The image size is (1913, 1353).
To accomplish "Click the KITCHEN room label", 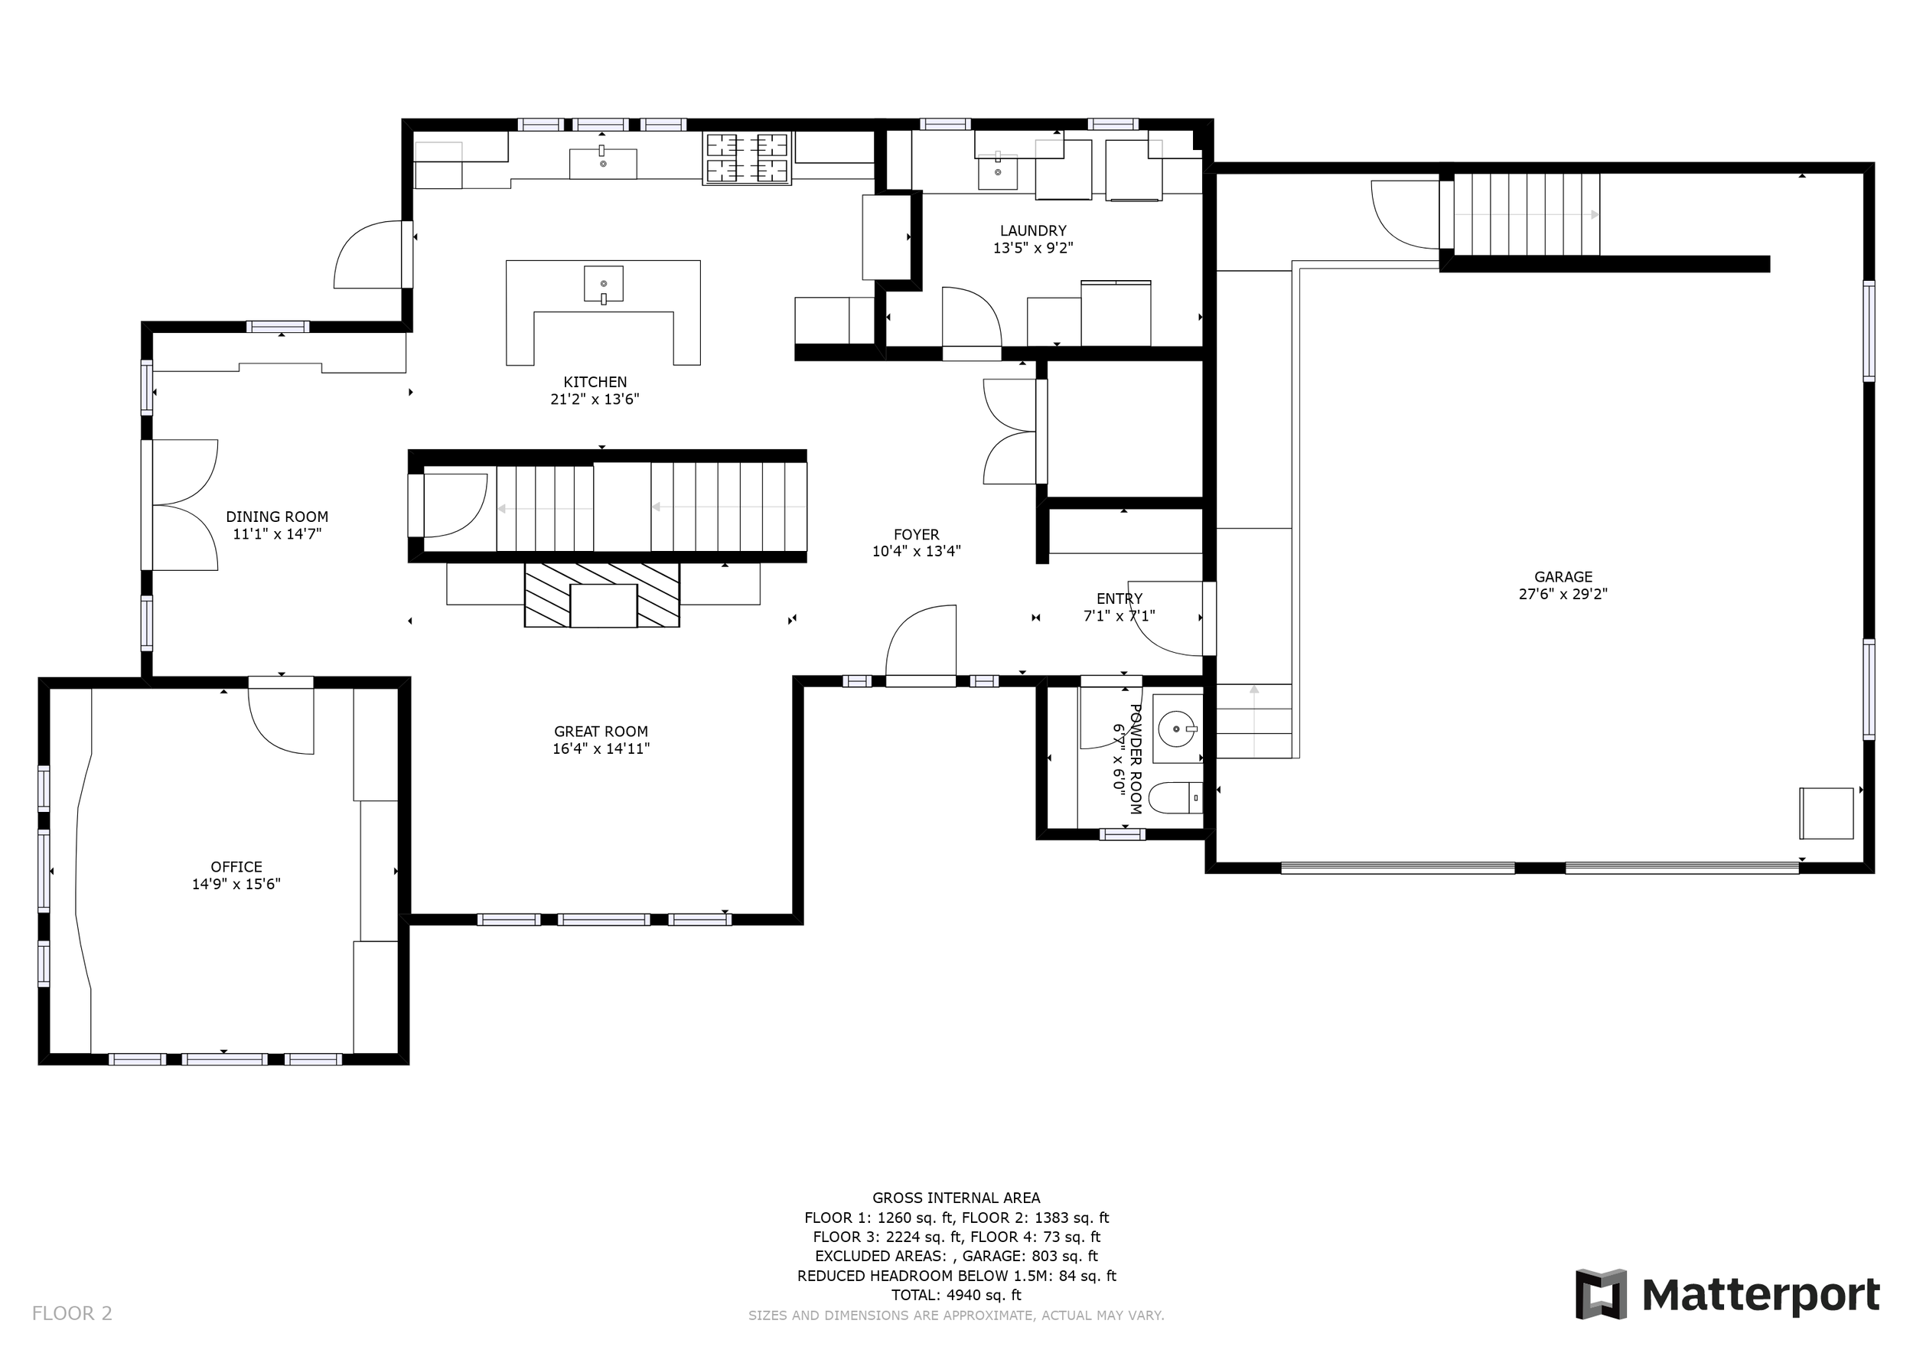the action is pyautogui.click(x=595, y=383).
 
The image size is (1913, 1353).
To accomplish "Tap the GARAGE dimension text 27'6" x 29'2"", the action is pyautogui.click(x=1563, y=594).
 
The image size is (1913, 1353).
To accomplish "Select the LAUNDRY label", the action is pyautogui.click(x=1033, y=231).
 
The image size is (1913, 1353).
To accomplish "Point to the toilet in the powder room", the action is pyautogui.click(x=1175, y=798).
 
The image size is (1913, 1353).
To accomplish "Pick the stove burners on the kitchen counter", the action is pyautogui.click(x=748, y=158).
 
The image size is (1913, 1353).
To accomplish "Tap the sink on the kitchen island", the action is pyautogui.click(x=603, y=284).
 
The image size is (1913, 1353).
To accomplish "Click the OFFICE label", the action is pyautogui.click(x=236, y=867).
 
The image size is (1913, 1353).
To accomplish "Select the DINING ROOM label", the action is pyautogui.click(x=278, y=517).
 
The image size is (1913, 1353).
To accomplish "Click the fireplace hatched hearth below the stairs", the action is pyautogui.click(x=601, y=595).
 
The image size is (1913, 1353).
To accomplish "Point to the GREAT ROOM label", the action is pyautogui.click(x=601, y=732).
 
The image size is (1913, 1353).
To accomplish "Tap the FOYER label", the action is pyautogui.click(x=917, y=535).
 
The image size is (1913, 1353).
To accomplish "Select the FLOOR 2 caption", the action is pyautogui.click(x=72, y=1314).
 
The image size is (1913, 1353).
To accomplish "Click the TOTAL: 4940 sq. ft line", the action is pyautogui.click(x=956, y=1296).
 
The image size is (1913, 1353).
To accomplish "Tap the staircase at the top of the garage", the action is pyautogui.click(x=1527, y=214).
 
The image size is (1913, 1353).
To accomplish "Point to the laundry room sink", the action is pyautogui.click(x=997, y=171).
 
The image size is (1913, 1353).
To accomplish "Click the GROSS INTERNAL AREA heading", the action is pyautogui.click(x=956, y=1198).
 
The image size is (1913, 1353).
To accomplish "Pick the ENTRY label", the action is pyautogui.click(x=1119, y=599).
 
